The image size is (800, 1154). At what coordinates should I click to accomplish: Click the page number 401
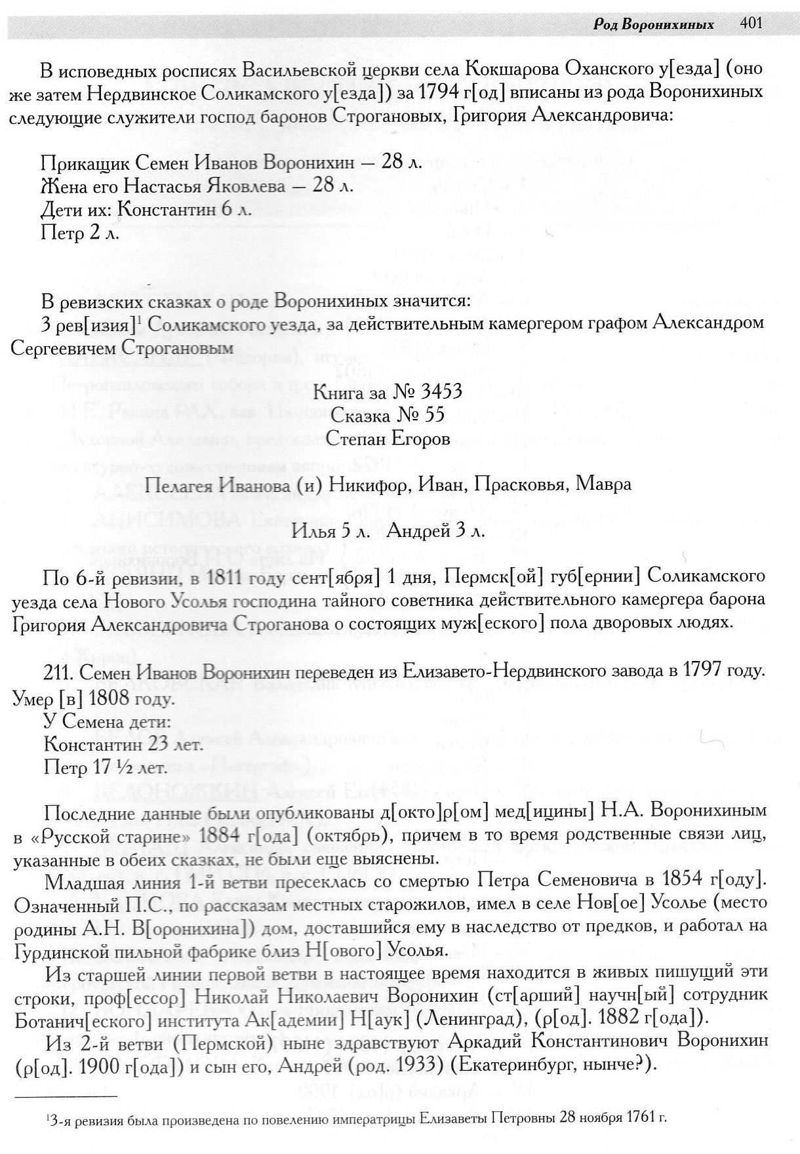point(751,24)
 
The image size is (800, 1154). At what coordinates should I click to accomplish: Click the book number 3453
point(440,391)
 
